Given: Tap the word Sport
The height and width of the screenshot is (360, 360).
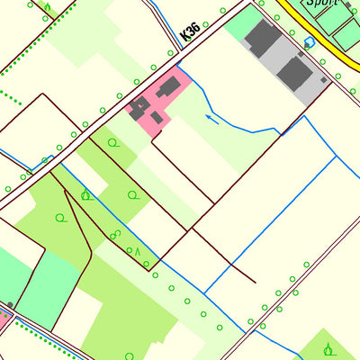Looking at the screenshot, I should point(319,4).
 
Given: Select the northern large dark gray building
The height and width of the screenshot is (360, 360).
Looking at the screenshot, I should point(263,40).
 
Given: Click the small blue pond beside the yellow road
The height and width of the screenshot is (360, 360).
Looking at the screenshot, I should point(310,41).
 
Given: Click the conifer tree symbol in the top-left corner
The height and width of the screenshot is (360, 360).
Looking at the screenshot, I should point(47,9).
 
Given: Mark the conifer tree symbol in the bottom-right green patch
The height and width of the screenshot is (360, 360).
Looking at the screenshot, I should point(328,348).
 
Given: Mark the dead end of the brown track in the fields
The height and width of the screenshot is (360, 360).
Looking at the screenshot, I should point(255,282).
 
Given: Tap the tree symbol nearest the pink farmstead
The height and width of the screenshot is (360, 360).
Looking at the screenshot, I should point(112,142).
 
